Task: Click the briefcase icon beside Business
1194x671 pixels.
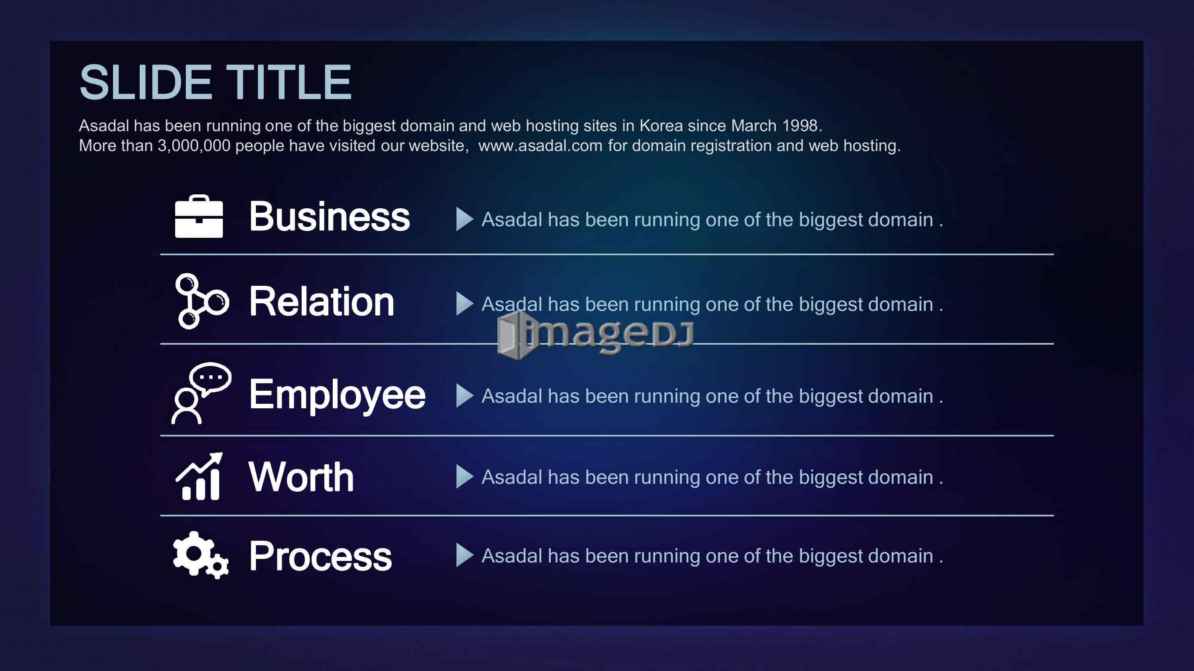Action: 199,216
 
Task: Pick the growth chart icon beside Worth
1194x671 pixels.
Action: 199,477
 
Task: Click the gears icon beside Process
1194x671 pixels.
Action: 200,555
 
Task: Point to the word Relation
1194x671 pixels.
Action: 322,301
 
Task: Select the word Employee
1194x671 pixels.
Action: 337,395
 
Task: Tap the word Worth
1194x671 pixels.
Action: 301,477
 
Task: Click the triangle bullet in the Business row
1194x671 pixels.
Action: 464,219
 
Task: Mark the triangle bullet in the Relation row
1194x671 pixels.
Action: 464,303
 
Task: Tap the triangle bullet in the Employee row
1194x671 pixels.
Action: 464,396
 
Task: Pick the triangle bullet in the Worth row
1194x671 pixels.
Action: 464,477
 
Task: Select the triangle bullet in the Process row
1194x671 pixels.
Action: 464,555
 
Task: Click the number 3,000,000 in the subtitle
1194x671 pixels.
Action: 194,146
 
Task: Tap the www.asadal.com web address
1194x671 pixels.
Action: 540,146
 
